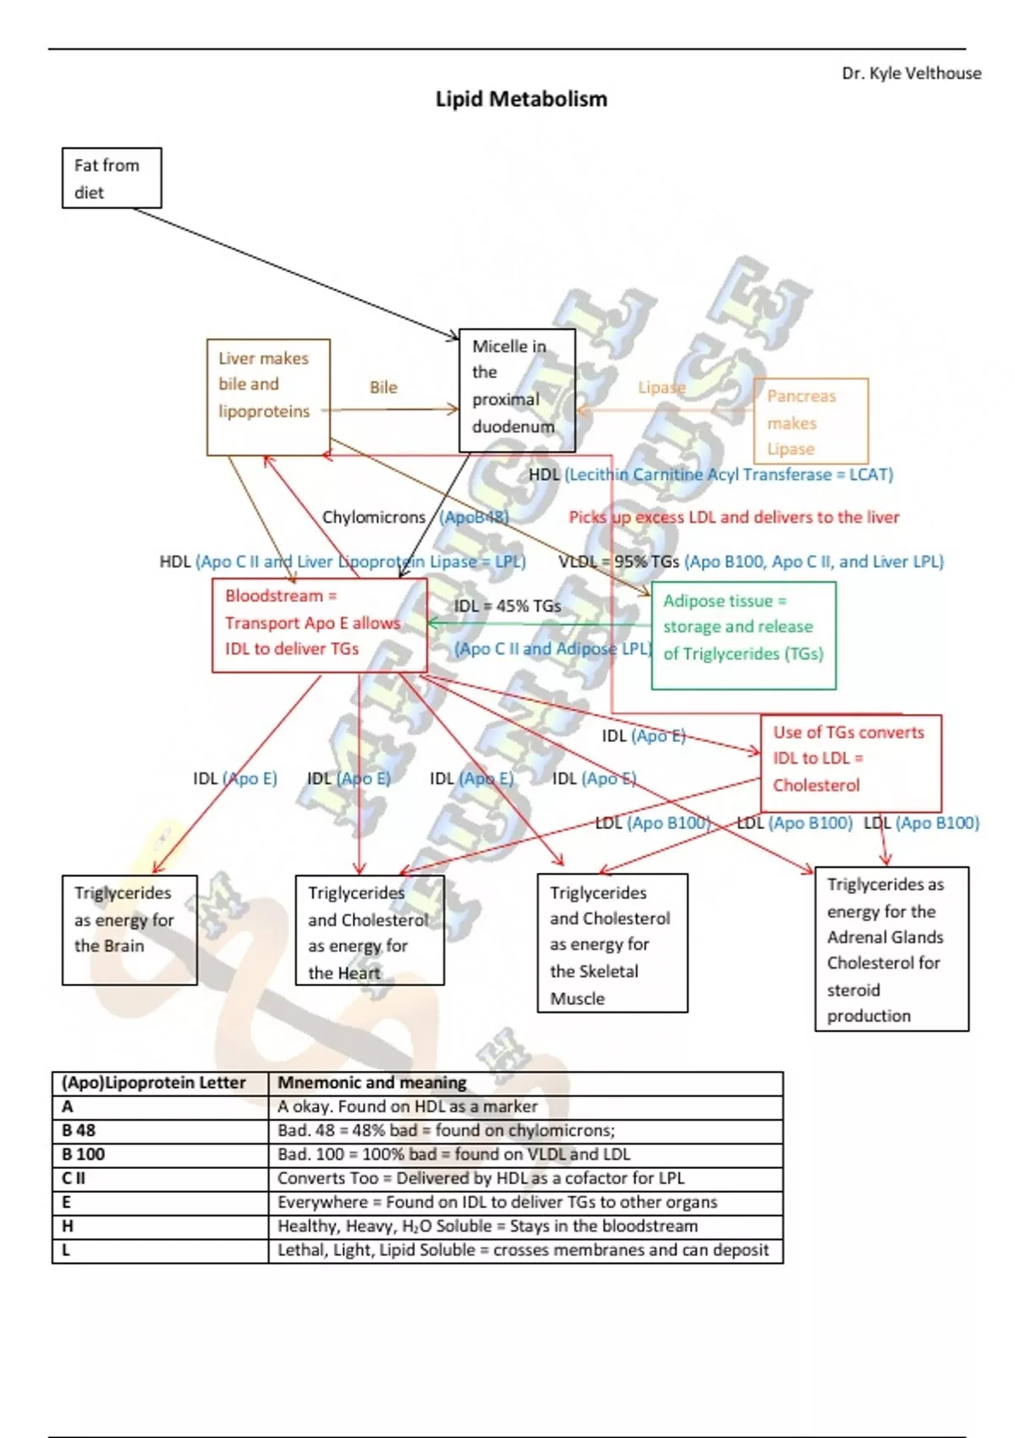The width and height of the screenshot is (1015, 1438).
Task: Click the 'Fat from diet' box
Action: pyautogui.click(x=111, y=178)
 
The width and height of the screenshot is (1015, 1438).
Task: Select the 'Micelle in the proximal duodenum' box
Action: pyautogui.click(x=517, y=390)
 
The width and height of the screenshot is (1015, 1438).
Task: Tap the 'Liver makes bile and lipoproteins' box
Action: pyautogui.click(x=268, y=397)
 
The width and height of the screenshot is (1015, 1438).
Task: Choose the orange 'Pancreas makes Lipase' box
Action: pyautogui.click(x=810, y=421)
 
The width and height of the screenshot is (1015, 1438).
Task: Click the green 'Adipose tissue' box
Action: pyautogui.click(x=743, y=635)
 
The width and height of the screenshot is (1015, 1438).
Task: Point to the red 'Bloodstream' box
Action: pyautogui.click(x=319, y=625)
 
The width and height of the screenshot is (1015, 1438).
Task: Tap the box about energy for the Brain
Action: pyautogui.click(x=129, y=930)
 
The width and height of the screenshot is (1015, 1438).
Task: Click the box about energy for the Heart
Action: pyautogui.click(x=370, y=930)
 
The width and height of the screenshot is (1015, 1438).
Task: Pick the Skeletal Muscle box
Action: pyautogui.click(x=612, y=943)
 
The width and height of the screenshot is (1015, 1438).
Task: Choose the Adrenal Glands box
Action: pyautogui.click(x=892, y=949)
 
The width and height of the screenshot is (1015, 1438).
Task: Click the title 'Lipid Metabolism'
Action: pyautogui.click(x=521, y=99)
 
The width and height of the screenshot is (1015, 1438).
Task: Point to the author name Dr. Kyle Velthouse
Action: pyautogui.click(x=911, y=74)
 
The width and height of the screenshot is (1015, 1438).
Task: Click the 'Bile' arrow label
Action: pyautogui.click(x=383, y=387)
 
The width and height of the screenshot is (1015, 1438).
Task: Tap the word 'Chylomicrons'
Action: pyautogui.click(x=374, y=517)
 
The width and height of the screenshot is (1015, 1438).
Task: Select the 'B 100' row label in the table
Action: pyautogui.click(x=84, y=1154)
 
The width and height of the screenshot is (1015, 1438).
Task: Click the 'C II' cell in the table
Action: pyautogui.click(x=74, y=1177)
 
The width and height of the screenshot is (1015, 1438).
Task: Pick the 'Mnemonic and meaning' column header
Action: pyautogui.click(x=372, y=1083)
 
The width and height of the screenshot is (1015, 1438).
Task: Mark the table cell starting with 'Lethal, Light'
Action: pyautogui.click(x=523, y=1249)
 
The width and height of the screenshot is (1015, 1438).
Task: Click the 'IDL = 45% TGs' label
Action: pyautogui.click(x=507, y=606)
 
